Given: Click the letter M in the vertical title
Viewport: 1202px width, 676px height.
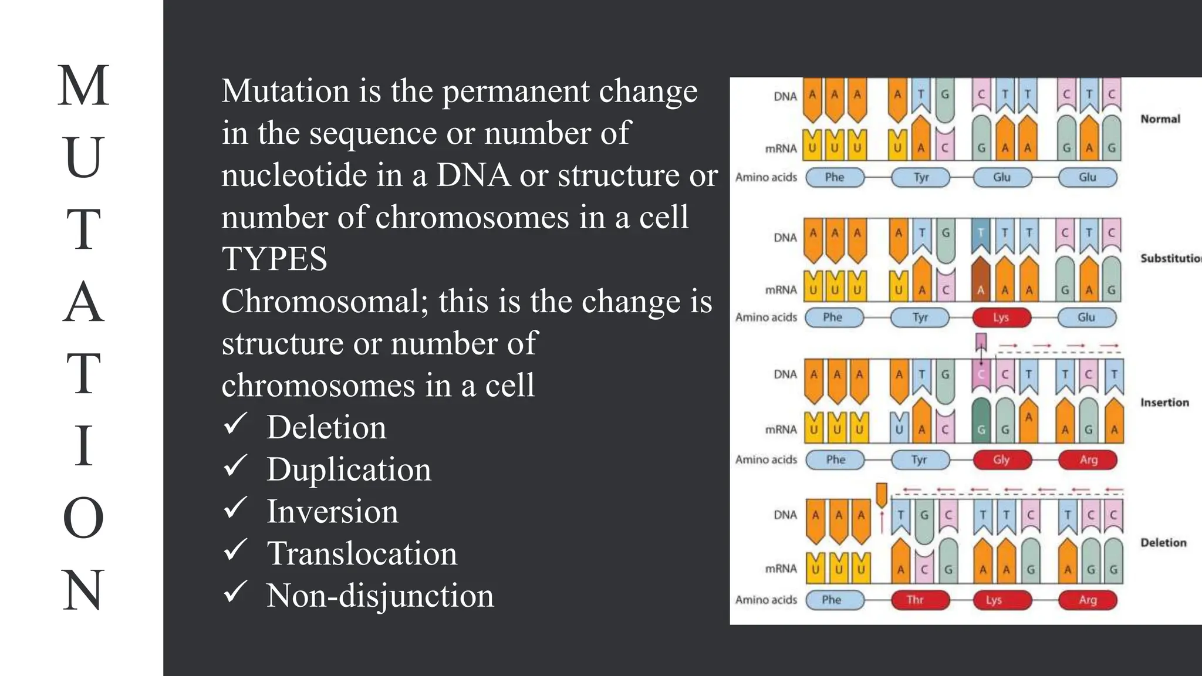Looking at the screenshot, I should coord(83,86).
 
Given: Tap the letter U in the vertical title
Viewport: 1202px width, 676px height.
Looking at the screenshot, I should coord(83,157).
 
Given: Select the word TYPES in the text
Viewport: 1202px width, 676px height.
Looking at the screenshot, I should coord(274,259).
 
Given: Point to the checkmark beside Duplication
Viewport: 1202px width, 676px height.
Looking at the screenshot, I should coord(235,467).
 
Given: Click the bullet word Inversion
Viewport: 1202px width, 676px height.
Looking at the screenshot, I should coord(332,511).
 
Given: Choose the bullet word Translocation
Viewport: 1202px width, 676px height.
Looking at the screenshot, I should coord(362,553).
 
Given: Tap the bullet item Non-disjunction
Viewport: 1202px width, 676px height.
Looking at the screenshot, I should coord(380,596).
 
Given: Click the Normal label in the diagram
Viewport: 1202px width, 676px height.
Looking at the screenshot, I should coord(1160,119).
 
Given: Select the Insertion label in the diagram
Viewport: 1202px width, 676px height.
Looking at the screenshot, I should coord(1164,403).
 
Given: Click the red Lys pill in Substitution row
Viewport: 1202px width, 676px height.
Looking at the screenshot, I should coord(1001,317).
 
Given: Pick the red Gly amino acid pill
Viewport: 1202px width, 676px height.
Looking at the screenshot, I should coord(1001,459).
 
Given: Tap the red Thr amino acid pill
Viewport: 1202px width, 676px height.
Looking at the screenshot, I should coord(915,600).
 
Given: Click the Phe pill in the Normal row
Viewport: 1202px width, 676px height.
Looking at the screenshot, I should coord(835,177).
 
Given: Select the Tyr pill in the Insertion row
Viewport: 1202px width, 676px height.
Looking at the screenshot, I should coord(920,459).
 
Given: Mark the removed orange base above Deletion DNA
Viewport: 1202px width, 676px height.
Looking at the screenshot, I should coord(881,495).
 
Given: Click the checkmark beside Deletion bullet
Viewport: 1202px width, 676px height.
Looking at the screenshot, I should coord(235,424).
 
